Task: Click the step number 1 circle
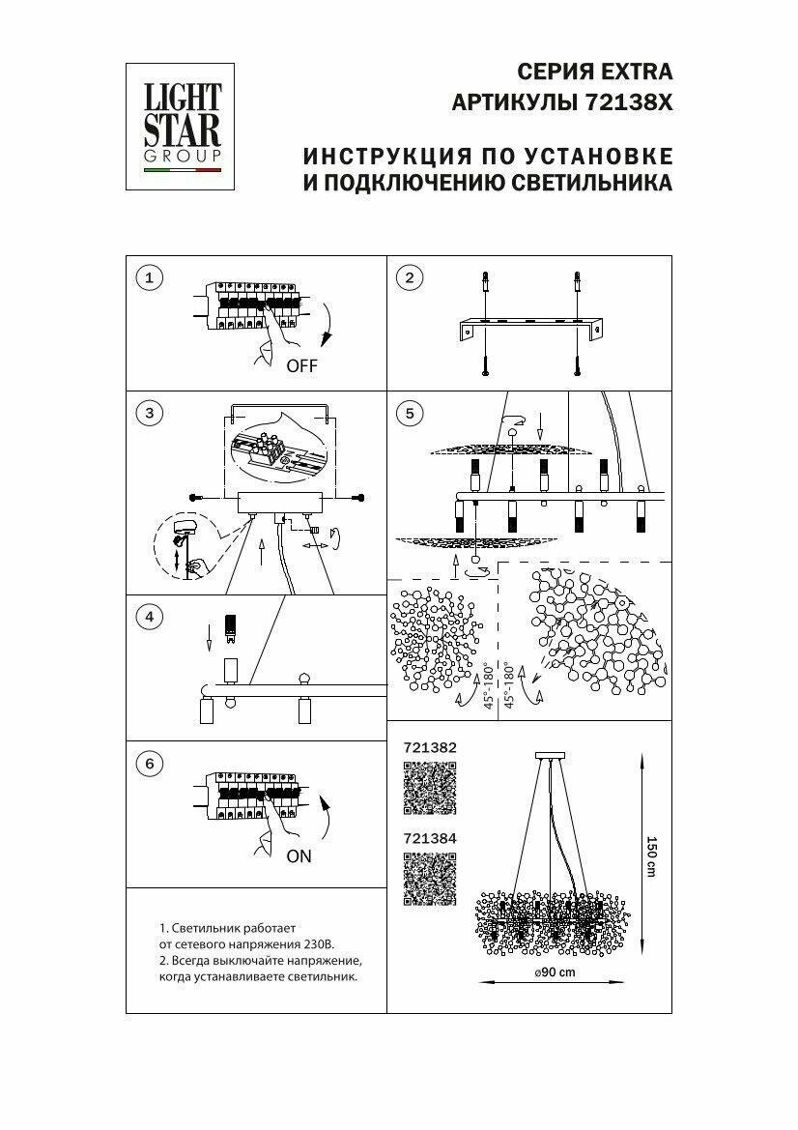pyautogui.click(x=149, y=279)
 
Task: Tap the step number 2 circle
pyautogui.click(x=410, y=279)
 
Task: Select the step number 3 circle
pyautogui.click(x=149, y=414)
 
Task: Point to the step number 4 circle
pyautogui.click(x=149, y=616)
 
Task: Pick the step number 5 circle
pyautogui.click(x=410, y=414)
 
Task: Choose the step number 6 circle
pyautogui.click(x=149, y=764)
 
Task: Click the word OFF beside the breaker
pyautogui.click(x=301, y=366)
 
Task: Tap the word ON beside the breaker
pyautogui.click(x=299, y=855)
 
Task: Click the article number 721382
pyautogui.click(x=429, y=748)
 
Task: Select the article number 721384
pyautogui.click(x=429, y=840)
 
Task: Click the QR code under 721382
pyautogui.click(x=429, y=789)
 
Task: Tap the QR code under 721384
pyautogui.click(x=429, y=880)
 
